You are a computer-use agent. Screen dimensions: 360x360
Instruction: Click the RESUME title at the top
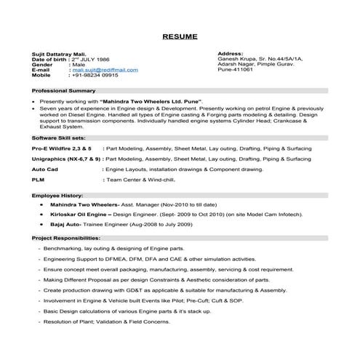pos(180,35)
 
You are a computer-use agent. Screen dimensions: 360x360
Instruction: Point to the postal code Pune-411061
pos(235,76)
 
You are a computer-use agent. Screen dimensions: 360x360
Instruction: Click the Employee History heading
pos(55,196)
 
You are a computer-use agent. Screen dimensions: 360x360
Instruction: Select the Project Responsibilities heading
pos(66,238)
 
